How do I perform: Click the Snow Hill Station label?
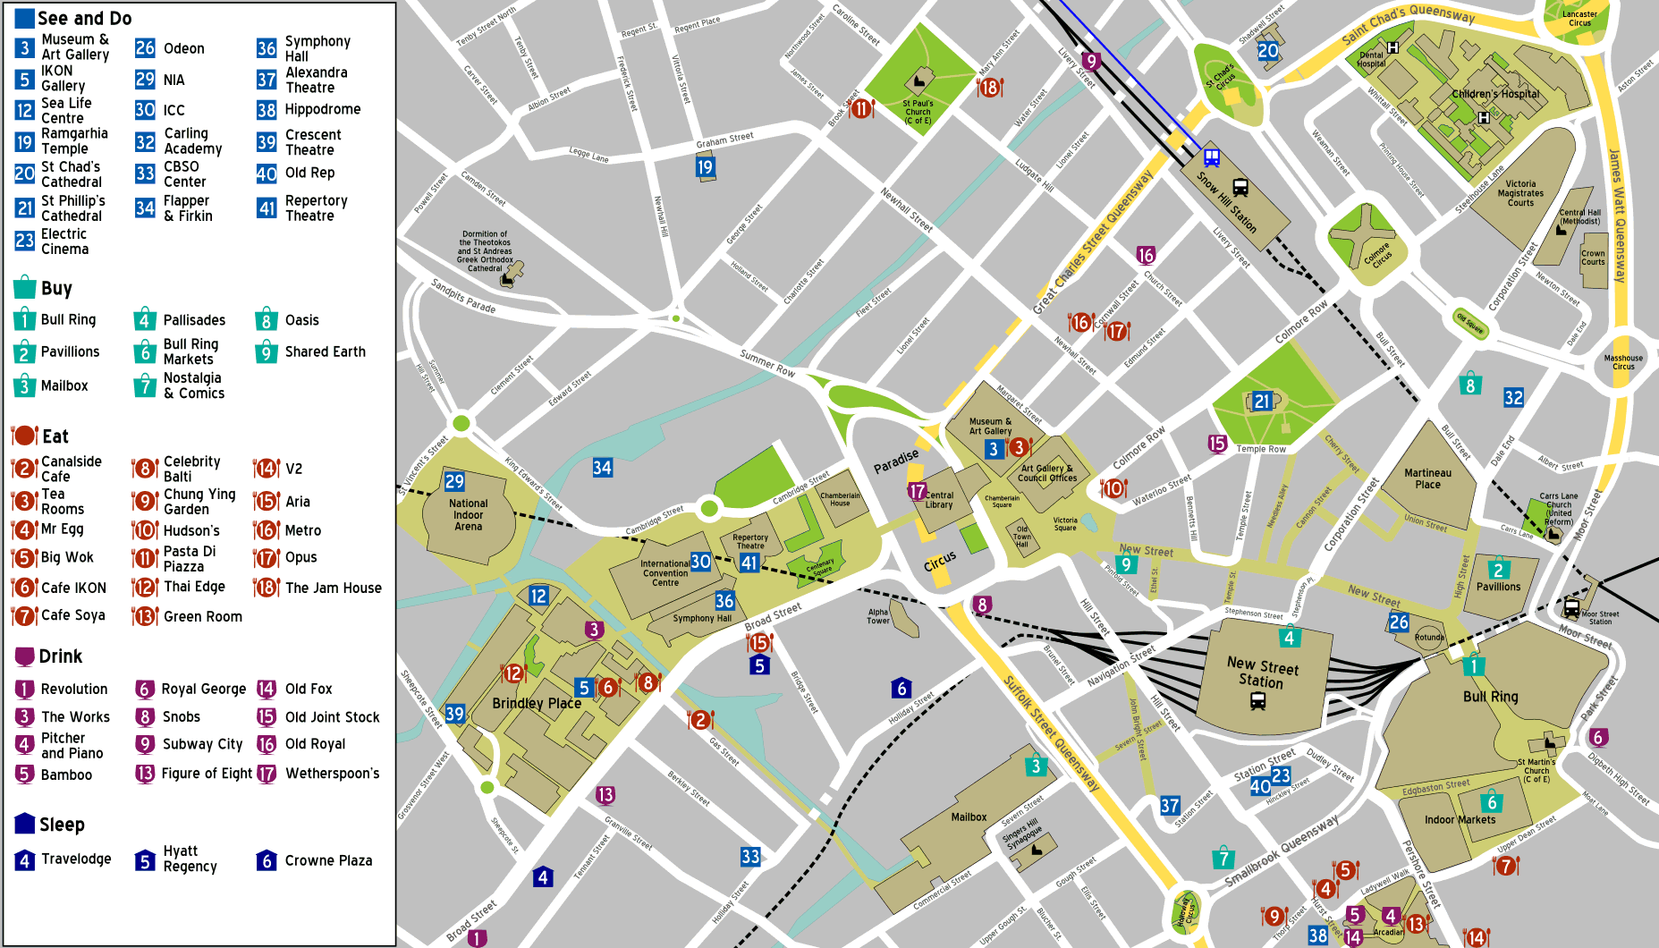tap(1227, 203)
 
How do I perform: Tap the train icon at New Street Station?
tap(1257, 702)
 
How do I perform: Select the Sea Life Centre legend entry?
tap(65, 110)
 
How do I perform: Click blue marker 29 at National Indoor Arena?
tap(454, 481)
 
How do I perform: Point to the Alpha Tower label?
tap(878, 616)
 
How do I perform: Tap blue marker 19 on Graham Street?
tap(705, 166)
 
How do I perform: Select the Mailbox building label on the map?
tap(969, 817)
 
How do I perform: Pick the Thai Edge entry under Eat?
tap(193, 587)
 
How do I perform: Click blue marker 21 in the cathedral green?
tap(1262, 402)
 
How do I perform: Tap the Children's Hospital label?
tap(1495, 94)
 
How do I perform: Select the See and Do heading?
tap(84, 18)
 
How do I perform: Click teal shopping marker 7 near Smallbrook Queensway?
tap(1223, 859)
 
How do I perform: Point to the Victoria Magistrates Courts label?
tap(1520, 193)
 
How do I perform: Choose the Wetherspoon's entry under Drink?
tap(331, 774)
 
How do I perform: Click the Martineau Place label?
tap(1427, 478)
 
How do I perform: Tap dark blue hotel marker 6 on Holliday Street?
tap(901, 688)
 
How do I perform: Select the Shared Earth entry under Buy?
tap(325, 351)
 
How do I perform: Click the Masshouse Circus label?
tap(1623, 362)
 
